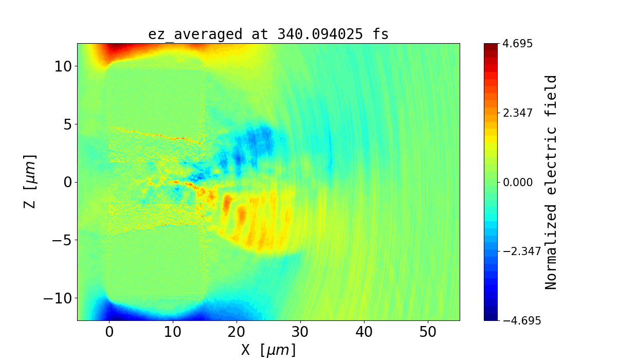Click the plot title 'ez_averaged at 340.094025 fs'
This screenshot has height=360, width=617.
point(268,34)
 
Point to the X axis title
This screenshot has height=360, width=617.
point(268,350)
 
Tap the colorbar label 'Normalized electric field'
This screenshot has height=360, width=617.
point(551,182)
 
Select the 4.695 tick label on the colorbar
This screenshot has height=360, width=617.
point(517,44)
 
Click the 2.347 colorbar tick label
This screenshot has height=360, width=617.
point(517,113)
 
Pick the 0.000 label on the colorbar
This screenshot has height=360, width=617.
point(517,182)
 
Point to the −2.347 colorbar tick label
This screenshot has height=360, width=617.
point(521,251)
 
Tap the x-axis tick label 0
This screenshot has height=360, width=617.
point(109,332)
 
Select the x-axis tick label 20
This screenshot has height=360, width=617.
point(237,332)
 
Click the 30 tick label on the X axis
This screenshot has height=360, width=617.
point(300,332)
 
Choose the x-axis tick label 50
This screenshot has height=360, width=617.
point(428,332)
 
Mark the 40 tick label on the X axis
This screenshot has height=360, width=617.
point(364,332)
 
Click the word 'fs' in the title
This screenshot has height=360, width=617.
point(381,34)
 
